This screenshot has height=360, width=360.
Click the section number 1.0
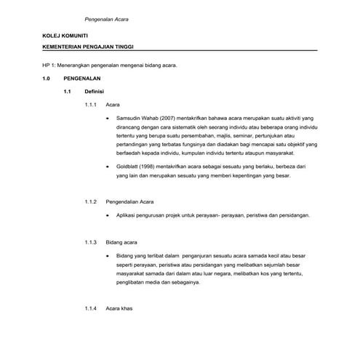(47, 78)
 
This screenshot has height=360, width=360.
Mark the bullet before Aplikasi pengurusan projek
(108, 217)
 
